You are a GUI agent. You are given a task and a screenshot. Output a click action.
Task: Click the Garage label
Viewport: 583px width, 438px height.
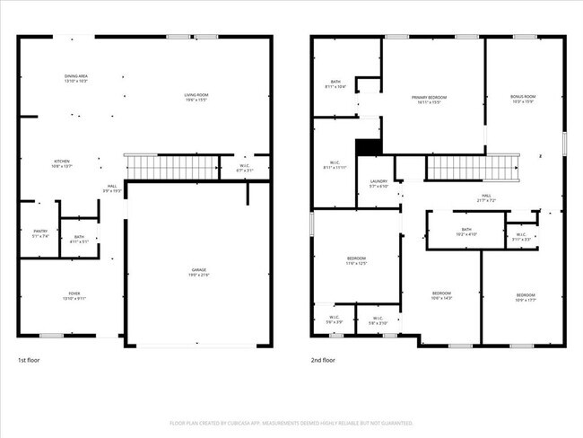coord(198,271)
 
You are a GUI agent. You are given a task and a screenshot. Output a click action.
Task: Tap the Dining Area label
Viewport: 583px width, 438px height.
coord(75,79)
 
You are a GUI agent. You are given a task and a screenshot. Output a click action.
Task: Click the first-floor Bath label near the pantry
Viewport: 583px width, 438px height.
coord(79,239)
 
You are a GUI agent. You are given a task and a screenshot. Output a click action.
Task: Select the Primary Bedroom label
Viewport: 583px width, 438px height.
coord(430,100)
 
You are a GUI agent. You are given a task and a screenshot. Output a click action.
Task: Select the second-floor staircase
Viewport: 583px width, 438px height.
coord(472,167)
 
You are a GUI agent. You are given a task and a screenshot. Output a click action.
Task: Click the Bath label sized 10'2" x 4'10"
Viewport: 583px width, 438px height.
coord(466,232)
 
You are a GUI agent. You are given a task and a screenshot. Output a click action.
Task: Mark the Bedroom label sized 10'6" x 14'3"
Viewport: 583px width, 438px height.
coord(441,295)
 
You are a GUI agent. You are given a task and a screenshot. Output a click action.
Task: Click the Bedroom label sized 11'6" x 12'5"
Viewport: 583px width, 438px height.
coord(356,261)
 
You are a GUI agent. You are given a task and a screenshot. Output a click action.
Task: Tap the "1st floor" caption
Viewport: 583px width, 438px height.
coord(30,359)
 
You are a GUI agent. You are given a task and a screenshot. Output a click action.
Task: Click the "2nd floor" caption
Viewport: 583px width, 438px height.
coord(323,359)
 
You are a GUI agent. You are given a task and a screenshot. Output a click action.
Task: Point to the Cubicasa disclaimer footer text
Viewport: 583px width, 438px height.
coord(291,423)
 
